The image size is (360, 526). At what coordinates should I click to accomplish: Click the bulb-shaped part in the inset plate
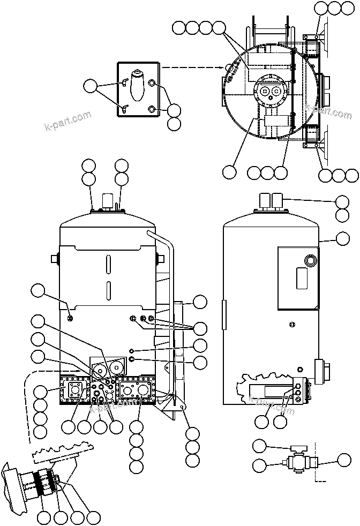pyautogui.click(x=137, y=86)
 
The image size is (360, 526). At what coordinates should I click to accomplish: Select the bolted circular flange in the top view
pyautogui.click(x=270, y=93)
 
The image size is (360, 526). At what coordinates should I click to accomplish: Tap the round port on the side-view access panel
pyautogui.click(x=310, y=261)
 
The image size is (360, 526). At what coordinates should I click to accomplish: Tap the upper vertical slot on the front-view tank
pyautogui.click(x=108, y=265)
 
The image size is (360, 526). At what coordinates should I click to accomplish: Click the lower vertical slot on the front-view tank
pyautogui.click(x=108, y=290)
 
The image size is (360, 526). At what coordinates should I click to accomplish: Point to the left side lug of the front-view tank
pyautogui.click(x=55, y=259)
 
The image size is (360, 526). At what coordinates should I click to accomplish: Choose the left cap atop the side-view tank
pyautogui.click(x=264, y=202)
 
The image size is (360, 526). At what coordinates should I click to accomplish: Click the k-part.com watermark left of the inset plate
pyautogui.click(x=67, y=122)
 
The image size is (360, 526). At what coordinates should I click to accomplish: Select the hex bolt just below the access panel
pyautogui.click(x=291, y=324)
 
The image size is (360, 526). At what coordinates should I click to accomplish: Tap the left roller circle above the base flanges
pyautogui.click(x=100, y=369)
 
